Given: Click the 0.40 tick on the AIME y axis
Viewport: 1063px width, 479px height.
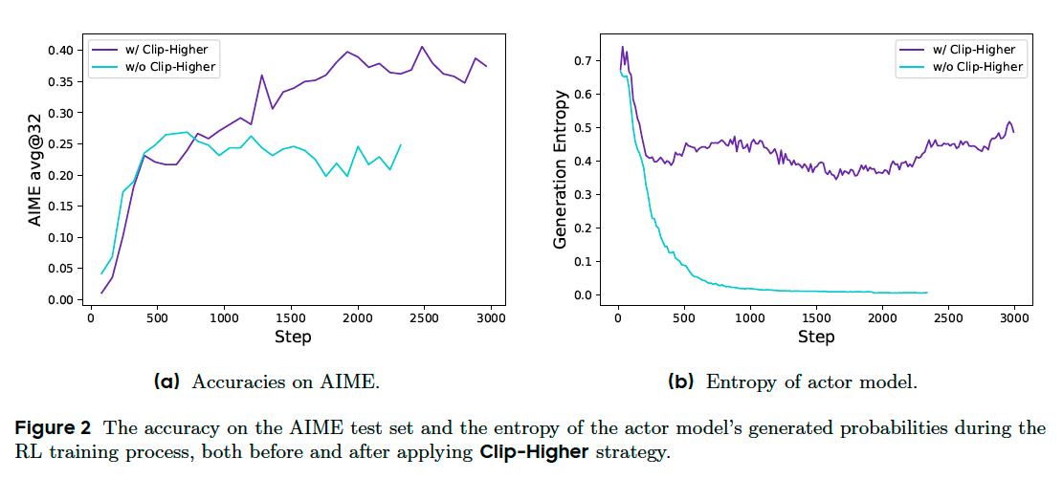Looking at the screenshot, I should [x=57, y=51].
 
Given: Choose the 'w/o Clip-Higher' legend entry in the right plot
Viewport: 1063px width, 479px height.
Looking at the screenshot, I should [x=973, y=68].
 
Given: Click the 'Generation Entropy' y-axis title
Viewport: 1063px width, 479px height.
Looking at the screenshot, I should [x=562, y=169].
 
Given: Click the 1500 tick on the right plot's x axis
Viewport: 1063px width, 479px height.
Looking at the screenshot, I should [x=816, y=316].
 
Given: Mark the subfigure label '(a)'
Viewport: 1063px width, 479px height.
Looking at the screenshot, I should [x=167, y=382].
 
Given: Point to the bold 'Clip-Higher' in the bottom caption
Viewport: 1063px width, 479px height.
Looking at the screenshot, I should [x=534, y=451].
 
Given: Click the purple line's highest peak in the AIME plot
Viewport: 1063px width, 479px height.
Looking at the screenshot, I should [x=421, y=47].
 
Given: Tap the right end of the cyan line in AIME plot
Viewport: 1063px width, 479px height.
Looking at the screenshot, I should [x=400, y=145].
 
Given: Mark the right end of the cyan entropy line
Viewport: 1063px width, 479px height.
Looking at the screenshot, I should [x=927, y=293].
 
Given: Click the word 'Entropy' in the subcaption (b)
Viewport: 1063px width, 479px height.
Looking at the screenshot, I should [x=736, y=382].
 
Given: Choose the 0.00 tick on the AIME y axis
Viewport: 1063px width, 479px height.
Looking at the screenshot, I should [x=57, y=300].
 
